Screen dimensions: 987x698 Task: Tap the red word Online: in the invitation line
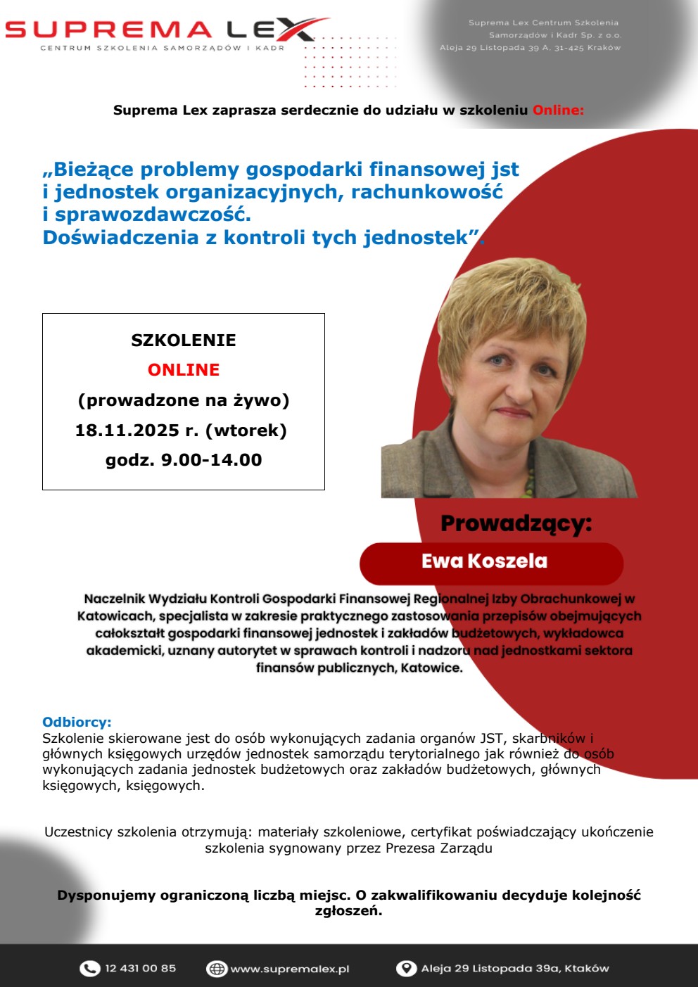558,110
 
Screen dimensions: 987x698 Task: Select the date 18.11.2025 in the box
127,431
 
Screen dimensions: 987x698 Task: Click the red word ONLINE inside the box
184,370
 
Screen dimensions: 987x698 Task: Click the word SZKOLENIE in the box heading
184,340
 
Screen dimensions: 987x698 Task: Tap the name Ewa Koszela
484,561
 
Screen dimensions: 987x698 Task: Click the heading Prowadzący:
516,524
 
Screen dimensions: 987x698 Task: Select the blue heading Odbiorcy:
77,722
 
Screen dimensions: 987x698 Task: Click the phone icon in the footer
89,969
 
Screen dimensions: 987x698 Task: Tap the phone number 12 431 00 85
141,969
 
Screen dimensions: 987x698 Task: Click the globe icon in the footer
216,969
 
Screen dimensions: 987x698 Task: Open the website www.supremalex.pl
290,969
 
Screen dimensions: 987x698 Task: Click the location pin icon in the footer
406,969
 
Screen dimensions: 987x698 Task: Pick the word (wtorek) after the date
250,431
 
